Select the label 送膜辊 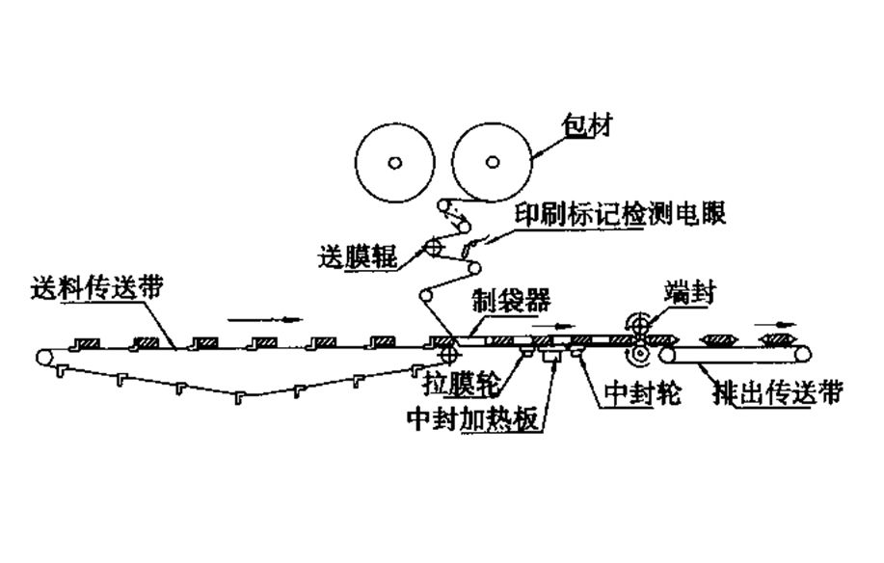pos(362,257)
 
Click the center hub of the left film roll pos(393,161)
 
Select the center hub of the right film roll pos(492,161)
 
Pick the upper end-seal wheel pos(636,325)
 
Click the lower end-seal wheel pos(636,357)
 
